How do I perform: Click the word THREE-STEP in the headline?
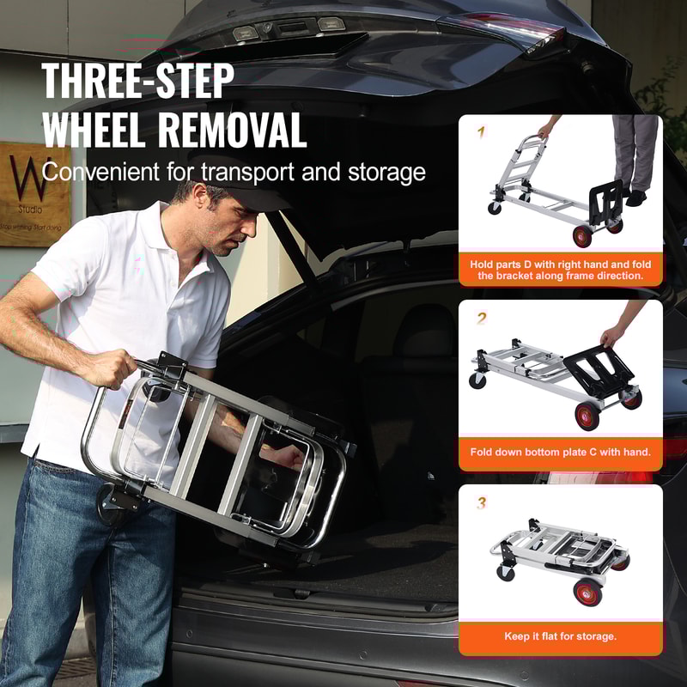(137, 82)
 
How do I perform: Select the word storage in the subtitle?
(381, 172)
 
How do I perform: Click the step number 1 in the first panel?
(481, 132)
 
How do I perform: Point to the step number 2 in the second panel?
(482, 318)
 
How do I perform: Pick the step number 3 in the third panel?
(482, 503)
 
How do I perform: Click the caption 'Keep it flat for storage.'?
(560, 636)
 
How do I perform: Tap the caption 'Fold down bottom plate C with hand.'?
(560, 451)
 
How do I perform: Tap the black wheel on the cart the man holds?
(112, 503)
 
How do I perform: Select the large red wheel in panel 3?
(588, 593)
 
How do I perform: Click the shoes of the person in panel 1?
(634, 198)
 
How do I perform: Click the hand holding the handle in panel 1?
(544, 131)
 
